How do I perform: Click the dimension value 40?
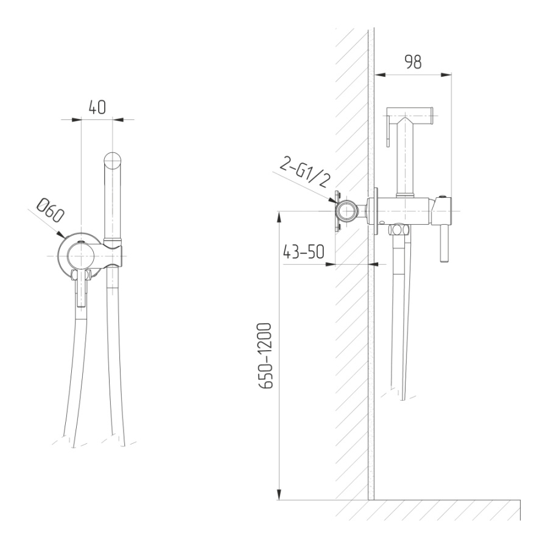tap(97, 107)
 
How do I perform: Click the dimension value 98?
tap(413, 62)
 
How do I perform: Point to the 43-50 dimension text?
tap(303, 251)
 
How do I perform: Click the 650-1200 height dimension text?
tap(265, 356)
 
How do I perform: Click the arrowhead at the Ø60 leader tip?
tap(60, 235)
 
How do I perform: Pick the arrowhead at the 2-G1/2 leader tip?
tap(332, 200)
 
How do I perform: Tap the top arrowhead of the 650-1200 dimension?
tap(279, 217)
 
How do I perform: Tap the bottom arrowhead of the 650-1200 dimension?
tap(279, 494)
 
